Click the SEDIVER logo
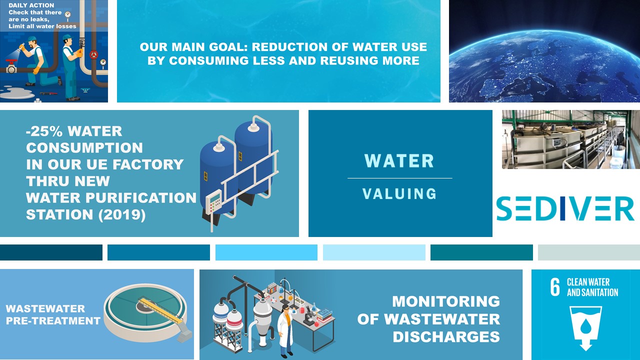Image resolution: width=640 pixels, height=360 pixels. point(565,209)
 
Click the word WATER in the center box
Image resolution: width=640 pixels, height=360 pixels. point(399,161)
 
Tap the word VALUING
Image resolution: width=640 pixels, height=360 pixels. point(399,193)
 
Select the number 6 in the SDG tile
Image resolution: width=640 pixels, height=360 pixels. point(555,288)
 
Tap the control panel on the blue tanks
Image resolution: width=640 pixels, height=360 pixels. point(214,202)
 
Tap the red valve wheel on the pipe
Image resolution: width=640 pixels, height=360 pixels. point(93,54)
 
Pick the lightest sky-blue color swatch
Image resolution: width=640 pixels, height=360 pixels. point(374,252)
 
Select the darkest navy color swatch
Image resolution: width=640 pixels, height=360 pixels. point(51,252)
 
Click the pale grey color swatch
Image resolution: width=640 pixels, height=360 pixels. point(588,252)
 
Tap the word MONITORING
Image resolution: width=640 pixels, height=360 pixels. point(445,301)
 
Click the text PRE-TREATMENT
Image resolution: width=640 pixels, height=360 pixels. point(53,320)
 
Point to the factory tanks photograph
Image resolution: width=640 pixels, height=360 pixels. point(570,139)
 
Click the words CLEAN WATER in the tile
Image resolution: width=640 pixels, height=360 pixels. point(588,282)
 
